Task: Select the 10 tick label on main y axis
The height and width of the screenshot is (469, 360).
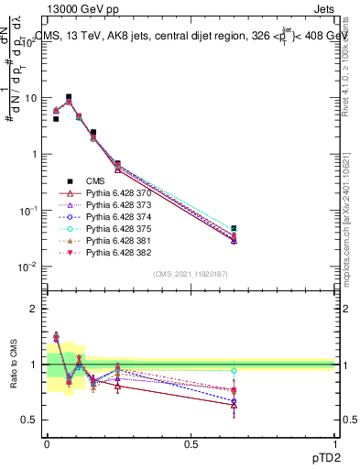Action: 31,97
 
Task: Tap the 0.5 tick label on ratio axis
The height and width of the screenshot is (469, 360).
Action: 31,420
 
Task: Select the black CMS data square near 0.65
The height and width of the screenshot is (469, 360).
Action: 235,228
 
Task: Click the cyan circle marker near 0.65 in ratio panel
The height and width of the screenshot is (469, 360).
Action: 235,371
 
